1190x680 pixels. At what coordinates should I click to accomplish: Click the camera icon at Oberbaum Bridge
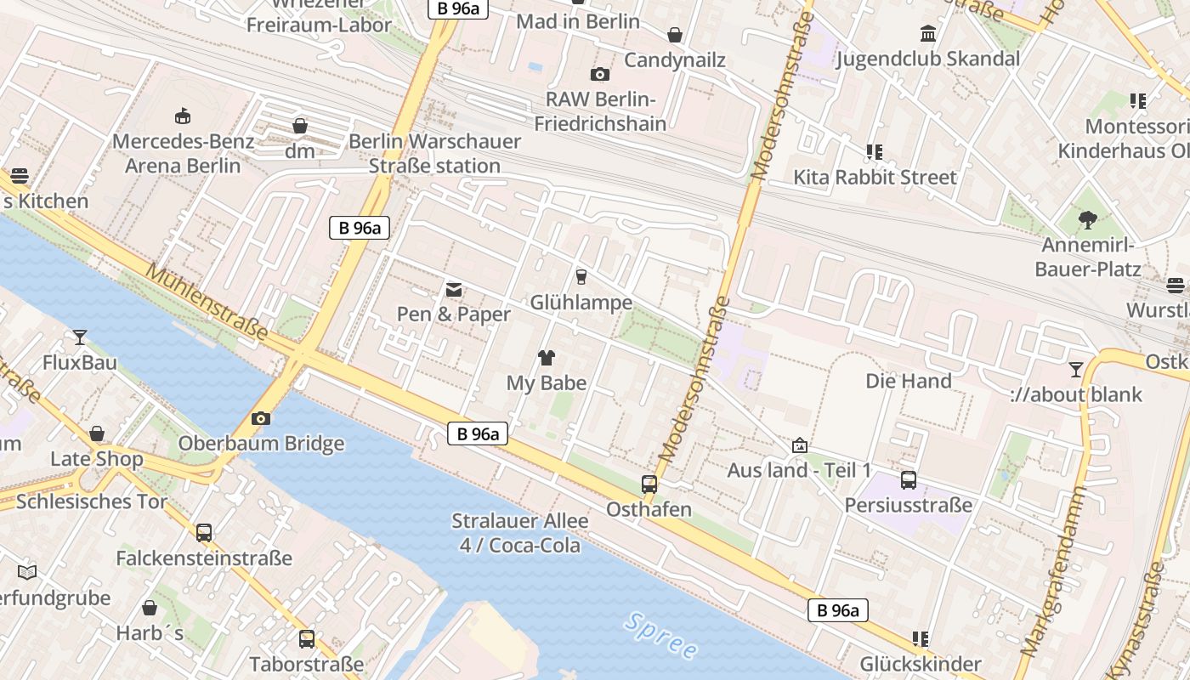click(x=261, y=418)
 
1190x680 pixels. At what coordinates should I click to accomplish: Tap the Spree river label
click(x=660, y=635)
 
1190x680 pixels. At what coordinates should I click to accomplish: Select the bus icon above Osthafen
click(x=649, y=484)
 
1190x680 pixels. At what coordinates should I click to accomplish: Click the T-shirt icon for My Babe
click(x=546, y=358)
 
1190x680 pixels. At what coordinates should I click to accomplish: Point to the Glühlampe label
click(x=581, y=302)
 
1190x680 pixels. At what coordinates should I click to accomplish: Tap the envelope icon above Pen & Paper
click(x=454, y=290)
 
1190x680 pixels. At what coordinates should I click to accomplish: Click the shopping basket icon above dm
click(x=300, y=127)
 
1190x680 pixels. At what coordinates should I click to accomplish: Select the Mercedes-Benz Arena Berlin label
click(x=183, y=153)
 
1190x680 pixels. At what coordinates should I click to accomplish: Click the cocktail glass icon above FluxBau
click(x=80, y=337)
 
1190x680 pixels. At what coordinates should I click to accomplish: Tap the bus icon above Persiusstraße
click(x=909, y=480)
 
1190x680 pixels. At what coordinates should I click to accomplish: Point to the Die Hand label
click(x=909, y=380)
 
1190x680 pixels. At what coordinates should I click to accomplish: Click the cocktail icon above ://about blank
click(x=1076, y=370)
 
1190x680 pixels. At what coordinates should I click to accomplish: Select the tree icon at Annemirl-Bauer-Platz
click(x=1087, y=221)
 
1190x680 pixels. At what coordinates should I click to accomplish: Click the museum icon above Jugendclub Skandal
click(x=928, y=34)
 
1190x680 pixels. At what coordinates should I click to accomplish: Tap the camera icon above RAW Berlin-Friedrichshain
click(x=600, y=74)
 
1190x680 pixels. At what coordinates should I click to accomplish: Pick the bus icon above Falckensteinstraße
click(x=204, y=533)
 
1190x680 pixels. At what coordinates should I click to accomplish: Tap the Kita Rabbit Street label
click(x=875, y=177)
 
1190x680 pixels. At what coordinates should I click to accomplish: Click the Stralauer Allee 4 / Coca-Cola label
click(x=520, y=533)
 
